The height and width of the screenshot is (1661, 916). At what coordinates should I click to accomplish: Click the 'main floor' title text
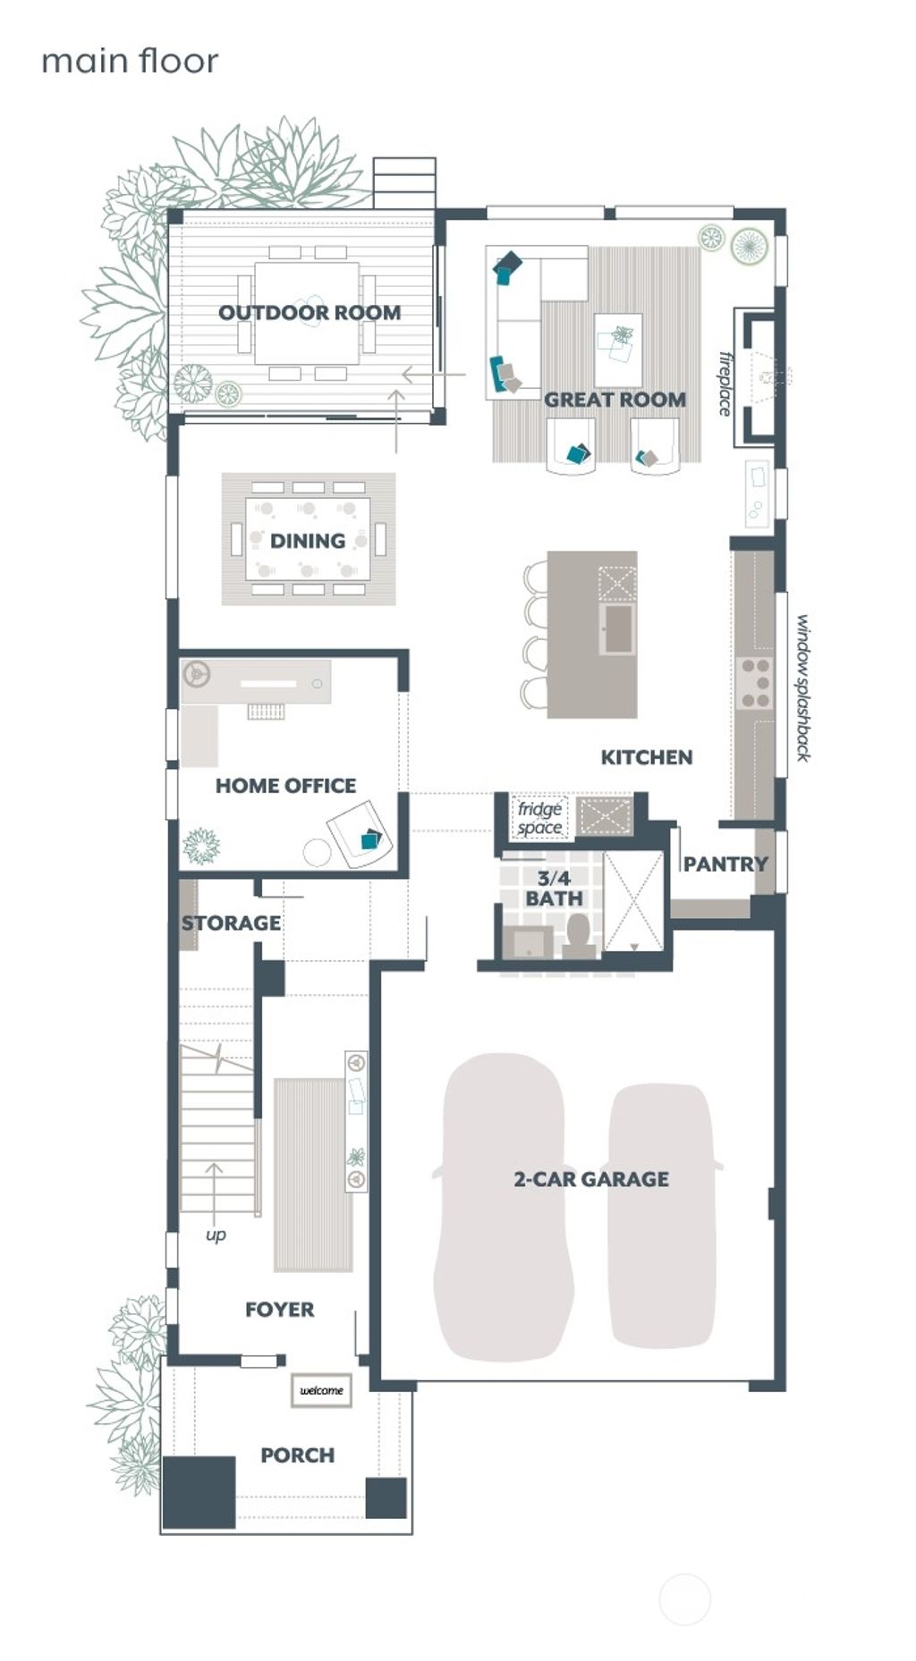[x=130, y=62]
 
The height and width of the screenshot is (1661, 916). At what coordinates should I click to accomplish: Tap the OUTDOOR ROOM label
[x=310, y=313]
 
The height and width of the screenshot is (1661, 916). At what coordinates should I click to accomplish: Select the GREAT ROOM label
[x=615, y=400]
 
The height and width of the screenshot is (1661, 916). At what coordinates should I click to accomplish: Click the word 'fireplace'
[x=725, y=384]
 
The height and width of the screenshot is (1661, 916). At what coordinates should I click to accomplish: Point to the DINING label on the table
[x=308, y=541]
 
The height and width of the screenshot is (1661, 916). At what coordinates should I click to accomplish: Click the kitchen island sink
[x=618, y=628]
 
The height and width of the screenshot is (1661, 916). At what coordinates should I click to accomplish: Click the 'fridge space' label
[x=539, y=818]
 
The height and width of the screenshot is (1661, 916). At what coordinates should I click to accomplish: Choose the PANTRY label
[x=725, y=864]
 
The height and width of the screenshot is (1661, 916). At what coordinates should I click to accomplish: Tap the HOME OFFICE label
[x=285, y=786]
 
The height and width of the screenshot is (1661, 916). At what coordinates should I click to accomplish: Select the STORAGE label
[x=231, y=923]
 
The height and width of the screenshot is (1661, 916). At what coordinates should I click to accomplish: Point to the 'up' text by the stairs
[x=216, y=1235]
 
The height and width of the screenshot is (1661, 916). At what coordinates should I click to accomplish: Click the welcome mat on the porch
[x=321, y=1390]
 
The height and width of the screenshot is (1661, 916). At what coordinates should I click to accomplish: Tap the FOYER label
[x=279, y=1310]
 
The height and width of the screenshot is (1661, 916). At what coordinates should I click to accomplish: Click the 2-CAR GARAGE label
[x=590, y=1179]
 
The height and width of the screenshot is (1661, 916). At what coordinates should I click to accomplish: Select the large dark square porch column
[x=199, y=1491]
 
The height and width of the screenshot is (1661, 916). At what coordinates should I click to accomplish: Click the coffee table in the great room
[x=617, y=338]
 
